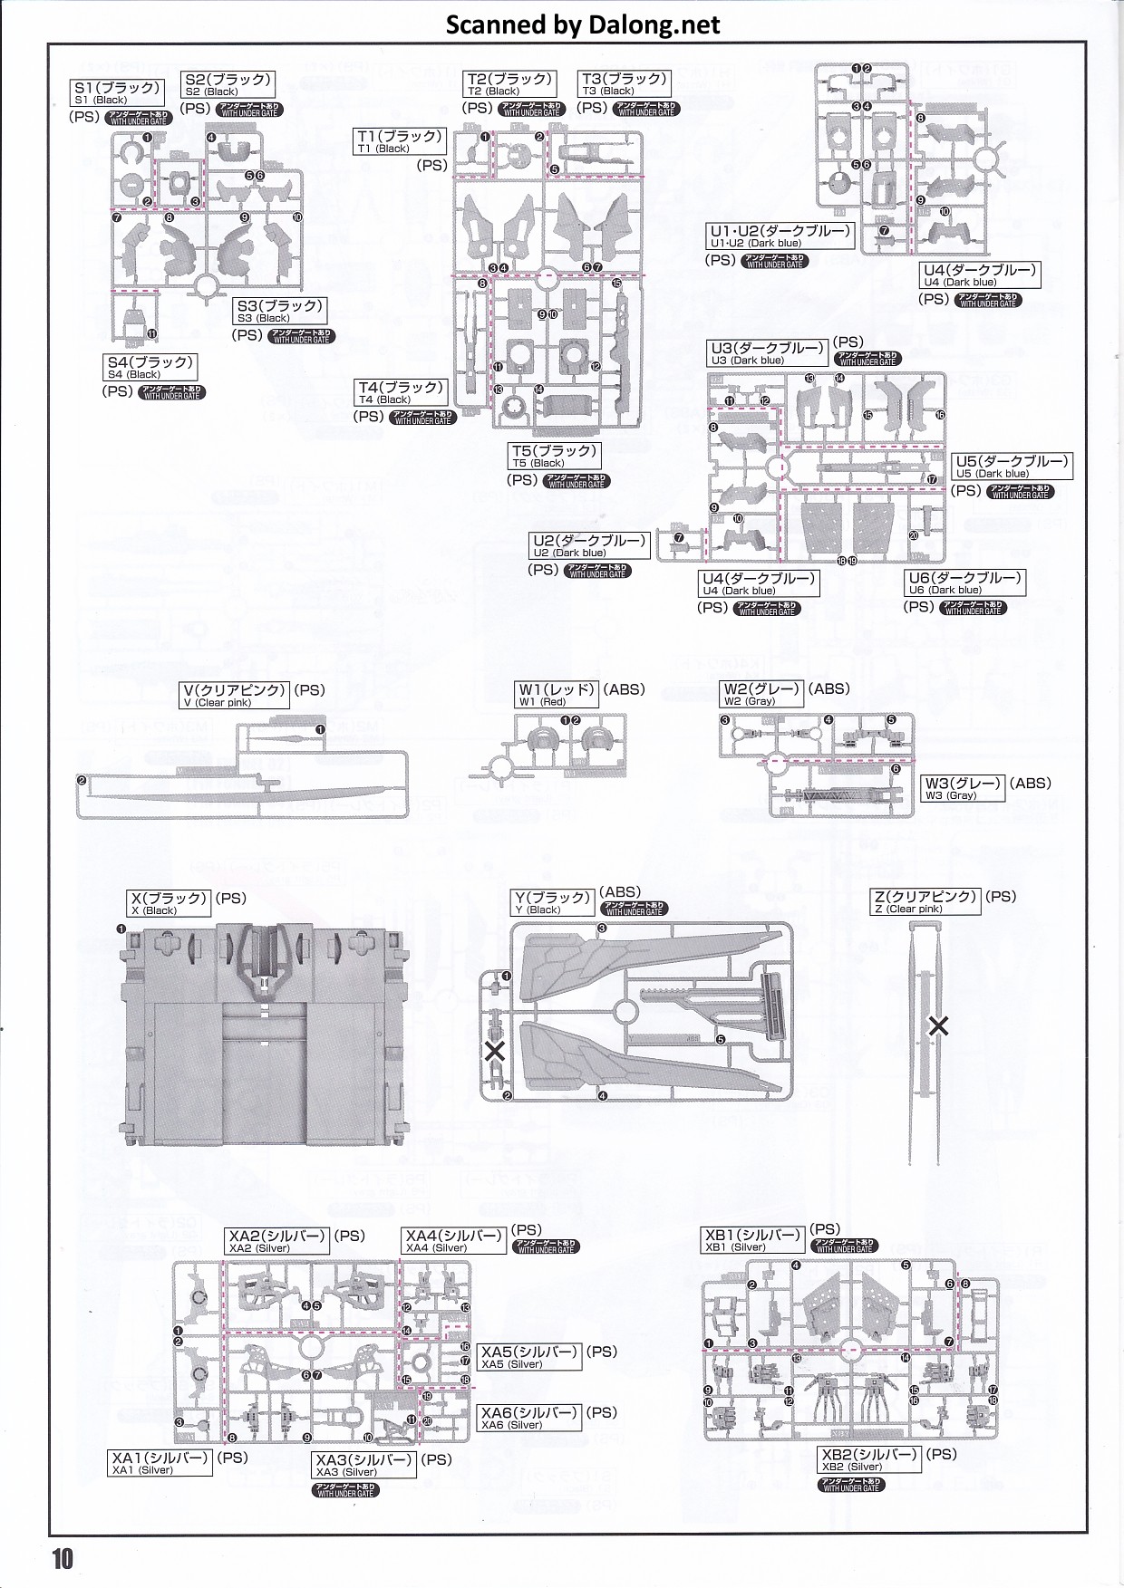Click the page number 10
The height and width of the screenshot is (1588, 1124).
(x=61, y=1559)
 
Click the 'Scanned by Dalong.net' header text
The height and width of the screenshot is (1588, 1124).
(x=583, y=24)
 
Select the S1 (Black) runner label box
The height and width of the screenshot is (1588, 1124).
(x=118, y=92)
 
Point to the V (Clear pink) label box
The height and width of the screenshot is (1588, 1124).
(x=235, y=695)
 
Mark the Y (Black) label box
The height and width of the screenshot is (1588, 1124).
(x=552, y=902)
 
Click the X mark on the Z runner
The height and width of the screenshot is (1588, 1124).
(x=939, y=1025)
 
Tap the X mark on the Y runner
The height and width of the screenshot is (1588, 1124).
(x=495, y=1052)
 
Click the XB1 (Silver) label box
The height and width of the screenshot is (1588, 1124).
(x=752, y=1240)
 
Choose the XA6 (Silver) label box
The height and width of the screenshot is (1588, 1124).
(x=529, y=1418)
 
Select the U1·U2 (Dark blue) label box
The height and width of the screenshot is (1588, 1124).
(x=780, y=236)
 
